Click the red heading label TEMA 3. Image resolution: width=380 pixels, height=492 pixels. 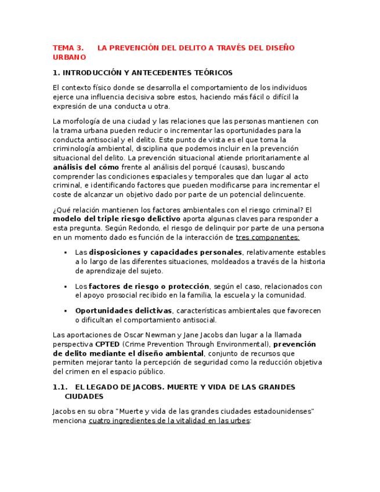[68, 48]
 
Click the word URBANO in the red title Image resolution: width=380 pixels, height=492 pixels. [69, 57]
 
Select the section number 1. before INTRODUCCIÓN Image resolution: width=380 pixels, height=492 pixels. [56, 73]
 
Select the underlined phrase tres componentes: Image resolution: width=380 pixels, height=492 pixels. [267, 237]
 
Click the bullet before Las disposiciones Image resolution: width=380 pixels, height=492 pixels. [67, 253]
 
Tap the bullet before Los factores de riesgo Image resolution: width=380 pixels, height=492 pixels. [67, 287]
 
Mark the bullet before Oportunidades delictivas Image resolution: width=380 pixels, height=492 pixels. [67, 311]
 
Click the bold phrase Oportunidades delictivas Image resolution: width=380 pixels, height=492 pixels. [124, 310]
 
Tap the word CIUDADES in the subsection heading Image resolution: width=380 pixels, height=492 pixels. [84, 397]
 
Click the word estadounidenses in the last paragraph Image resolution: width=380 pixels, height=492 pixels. [283, 411]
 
